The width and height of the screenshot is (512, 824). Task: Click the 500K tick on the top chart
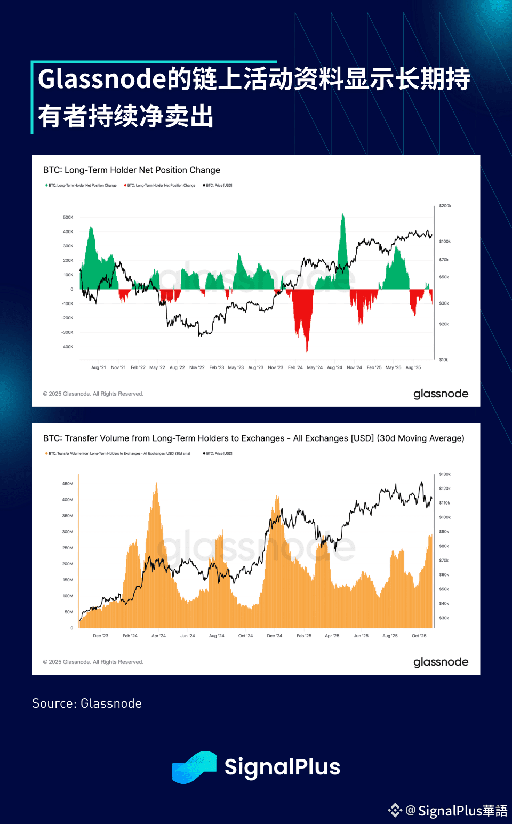pos(68,218)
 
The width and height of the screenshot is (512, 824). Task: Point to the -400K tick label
pos(67,347)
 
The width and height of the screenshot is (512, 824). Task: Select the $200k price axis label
pos(445,206)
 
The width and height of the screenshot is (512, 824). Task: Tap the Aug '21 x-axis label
pos(98,367)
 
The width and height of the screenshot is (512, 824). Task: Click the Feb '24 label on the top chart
pos(295,367)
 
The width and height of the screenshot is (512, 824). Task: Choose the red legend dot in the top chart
pos(125,186)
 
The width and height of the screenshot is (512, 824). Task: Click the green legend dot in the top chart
pos(46,186)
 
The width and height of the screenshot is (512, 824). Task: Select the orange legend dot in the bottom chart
pos(46,454)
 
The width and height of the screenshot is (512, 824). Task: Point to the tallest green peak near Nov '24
pos(343,215)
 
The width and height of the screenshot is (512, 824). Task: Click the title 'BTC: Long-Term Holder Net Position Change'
pos(132,170)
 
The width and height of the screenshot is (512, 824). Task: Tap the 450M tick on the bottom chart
pos(67,484)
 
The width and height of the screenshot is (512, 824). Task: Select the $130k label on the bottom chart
pos(445,474)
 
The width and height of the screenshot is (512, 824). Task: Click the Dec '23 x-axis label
pos(100,636)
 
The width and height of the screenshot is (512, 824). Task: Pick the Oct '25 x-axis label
pos(419,636)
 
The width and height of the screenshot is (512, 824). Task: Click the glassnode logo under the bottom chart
pos(441,662)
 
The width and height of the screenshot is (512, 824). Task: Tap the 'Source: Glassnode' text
pos(87,703)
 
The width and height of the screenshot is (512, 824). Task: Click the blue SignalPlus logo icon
pos(194,767)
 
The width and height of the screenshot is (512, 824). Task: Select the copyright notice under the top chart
pos(93,394)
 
